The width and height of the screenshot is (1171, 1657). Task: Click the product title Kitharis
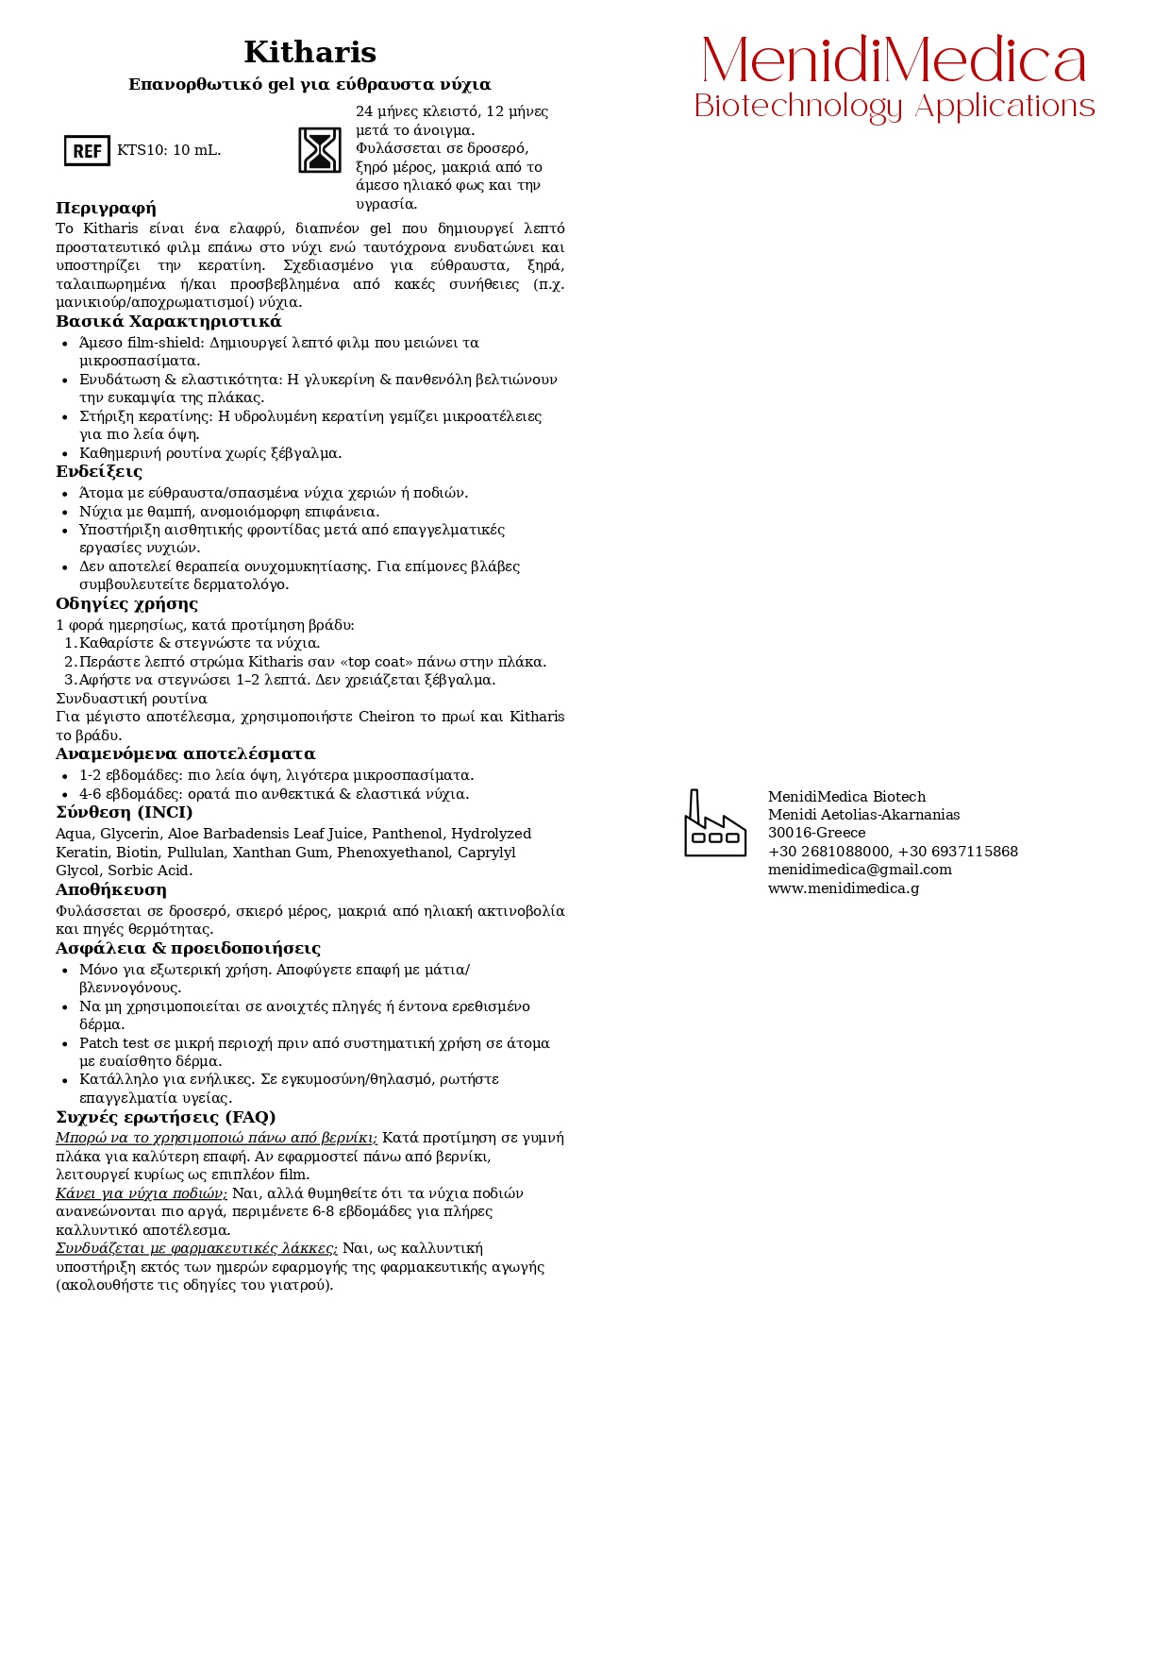[x=309, y=52]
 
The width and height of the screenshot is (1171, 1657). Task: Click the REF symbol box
[x=87, y=151]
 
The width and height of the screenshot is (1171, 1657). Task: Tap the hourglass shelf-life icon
[x=320, y=150]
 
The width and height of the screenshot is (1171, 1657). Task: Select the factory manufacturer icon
[x=714, y=823]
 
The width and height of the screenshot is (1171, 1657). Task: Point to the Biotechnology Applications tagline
[x=894, y=107]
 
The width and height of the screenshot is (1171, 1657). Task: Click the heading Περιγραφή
[x=106, y=208]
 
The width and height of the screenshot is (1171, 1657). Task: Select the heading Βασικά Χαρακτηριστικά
[x=168, y=321]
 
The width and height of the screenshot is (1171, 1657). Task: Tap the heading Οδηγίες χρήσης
[x=126, y=603]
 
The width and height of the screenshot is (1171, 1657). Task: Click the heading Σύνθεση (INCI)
[x=124, y=812]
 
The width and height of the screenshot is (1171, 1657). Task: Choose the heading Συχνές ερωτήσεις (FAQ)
[x=165, y=1117]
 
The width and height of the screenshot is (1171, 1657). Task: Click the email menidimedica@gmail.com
[x=859, y=870]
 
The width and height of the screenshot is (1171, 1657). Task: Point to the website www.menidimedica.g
[x=843, y=888]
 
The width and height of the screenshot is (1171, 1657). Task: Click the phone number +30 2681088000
[x=828, y=852]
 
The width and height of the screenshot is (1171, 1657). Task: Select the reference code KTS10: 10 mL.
[x=169, y=151]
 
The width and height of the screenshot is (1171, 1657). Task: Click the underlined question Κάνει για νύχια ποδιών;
[x=142, y=1193]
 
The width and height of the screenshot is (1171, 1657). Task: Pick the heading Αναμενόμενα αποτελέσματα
[x=185, y=753]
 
